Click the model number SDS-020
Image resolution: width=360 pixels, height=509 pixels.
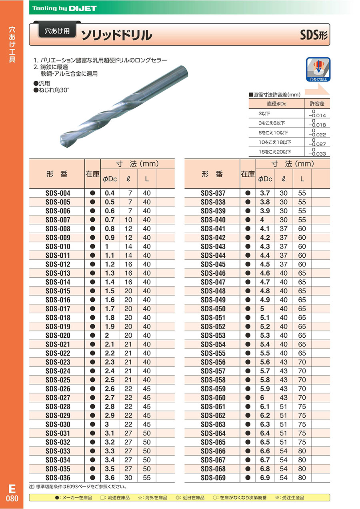point(58,335)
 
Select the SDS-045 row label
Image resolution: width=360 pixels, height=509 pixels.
point(213,264)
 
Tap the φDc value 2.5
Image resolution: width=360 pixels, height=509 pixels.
point(109,380)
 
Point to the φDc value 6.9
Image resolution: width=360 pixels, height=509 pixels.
point(265,478)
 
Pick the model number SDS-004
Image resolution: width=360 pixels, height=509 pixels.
point(58,193)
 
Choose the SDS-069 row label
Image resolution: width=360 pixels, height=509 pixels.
point(213,478)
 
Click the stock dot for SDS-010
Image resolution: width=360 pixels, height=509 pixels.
point(92,246)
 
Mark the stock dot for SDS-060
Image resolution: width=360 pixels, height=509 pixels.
point(248,398)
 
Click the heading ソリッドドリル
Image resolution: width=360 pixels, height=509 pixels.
point(117,35)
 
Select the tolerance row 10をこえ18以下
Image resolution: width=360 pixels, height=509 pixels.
point(275,142)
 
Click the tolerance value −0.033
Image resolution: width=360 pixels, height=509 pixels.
point(316,154)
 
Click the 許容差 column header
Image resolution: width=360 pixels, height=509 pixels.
point(317,104)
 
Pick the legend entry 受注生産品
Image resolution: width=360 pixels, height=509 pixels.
point(292,497)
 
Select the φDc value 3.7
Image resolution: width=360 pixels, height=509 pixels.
point(265,193)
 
